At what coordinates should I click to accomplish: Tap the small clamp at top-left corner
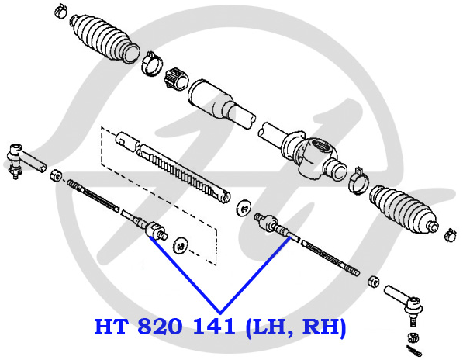[61, 10]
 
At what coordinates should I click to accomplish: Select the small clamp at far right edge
[451, 235]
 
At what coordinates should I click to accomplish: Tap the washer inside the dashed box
[181, 245]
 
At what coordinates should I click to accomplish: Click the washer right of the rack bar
[244, 207]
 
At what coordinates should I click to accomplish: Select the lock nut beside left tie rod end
[56, 175]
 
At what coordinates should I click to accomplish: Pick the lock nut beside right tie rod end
[374, 281]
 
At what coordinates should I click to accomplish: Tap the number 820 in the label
[160, 327]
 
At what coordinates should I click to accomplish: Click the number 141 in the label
[214, 327]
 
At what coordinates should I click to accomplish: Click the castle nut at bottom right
[413, 337]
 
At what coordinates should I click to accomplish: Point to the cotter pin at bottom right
[414, 351]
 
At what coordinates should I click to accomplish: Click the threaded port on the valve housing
[320, 145]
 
